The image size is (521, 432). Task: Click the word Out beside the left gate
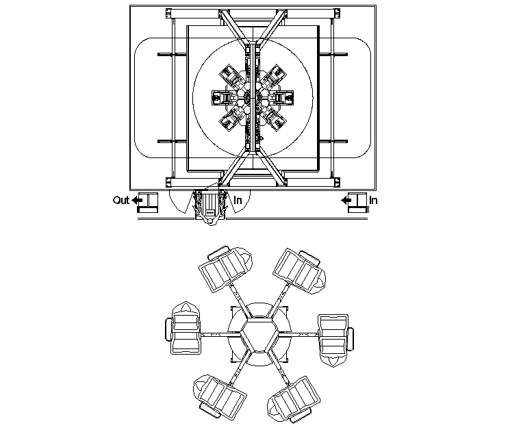[120, 200]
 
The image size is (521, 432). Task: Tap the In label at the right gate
[374, 200]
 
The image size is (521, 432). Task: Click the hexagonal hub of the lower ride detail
[259, 335]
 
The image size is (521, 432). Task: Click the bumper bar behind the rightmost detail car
[352, 338]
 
